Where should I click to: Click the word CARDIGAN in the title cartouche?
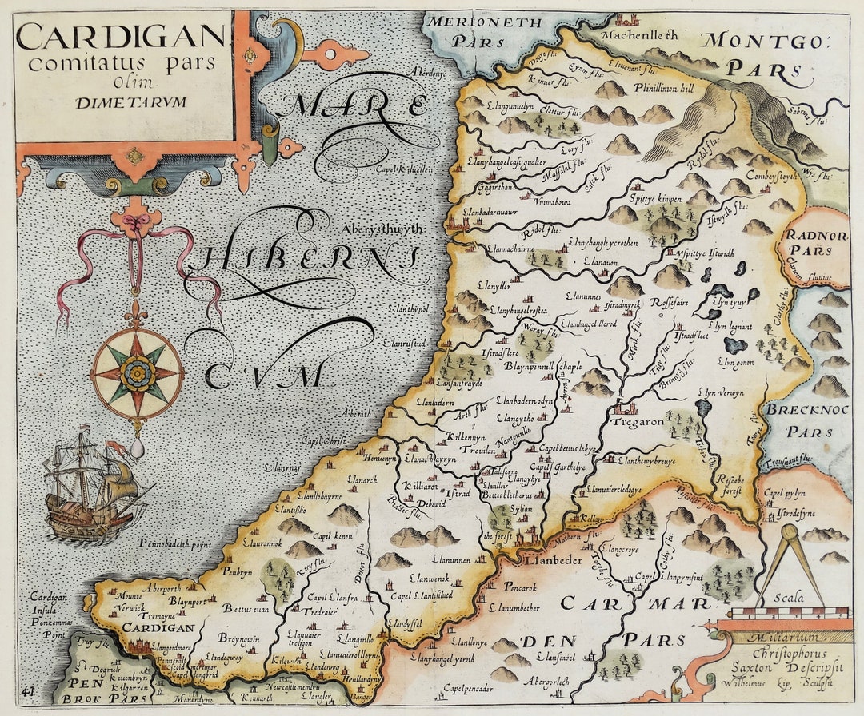(121, 35)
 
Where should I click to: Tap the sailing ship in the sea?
(92, 485)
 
